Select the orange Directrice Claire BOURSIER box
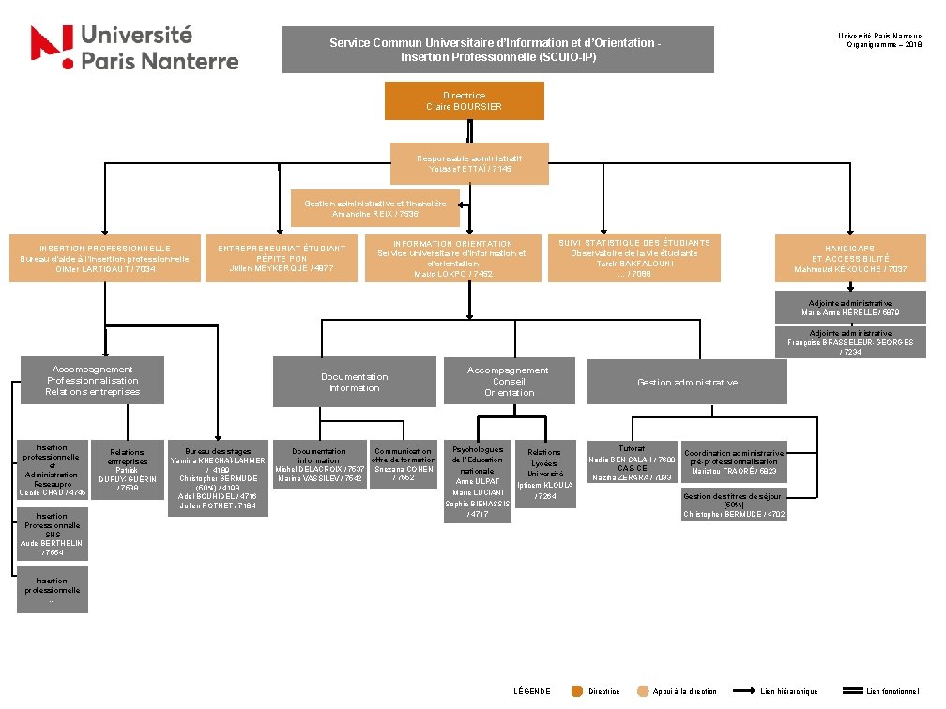[465, 100]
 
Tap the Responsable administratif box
[469, 163]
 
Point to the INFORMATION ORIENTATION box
[452, 259]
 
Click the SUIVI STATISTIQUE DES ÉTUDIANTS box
[634, 258]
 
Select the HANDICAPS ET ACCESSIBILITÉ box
[850, 260]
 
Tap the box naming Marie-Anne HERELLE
[850, 307]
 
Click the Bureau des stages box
[218, 476]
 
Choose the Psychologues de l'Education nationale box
[477, 481]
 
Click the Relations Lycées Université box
[544, 475]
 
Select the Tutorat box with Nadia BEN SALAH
[632, 462]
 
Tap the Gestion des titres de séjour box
[734, 505]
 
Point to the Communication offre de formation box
[404, 464]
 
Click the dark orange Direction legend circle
[577, 691]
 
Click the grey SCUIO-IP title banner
[497, 50]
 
